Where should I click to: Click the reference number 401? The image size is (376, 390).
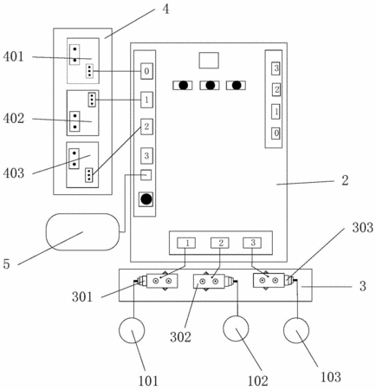pos(13,56)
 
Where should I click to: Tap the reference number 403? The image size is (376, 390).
pos(14,173)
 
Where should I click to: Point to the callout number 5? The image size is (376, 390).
pos(6,263)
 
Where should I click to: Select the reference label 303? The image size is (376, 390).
pos(362,227)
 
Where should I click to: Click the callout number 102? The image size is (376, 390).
pos(258,380)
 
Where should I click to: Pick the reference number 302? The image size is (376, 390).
pos(180,337)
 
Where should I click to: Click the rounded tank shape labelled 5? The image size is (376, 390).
pos(82,231)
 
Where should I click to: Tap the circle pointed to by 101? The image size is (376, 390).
pos(132,330)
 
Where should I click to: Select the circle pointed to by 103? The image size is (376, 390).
pos(296,330)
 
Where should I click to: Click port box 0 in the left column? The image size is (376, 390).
pos(146,71)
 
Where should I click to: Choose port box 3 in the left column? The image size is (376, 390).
pos(146,156)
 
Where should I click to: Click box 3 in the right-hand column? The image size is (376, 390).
pos(276,68)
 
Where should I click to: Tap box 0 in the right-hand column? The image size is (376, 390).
pos(276,133)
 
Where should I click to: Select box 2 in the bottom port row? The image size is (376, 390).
pos(220,243)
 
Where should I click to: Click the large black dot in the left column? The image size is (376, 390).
pos(146,199)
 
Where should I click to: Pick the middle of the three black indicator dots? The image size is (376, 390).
pos(210,85)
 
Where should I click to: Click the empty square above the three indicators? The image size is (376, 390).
pos(209,61)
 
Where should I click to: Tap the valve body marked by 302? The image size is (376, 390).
pos(209,281)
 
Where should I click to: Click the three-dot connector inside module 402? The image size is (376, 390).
pos(92,100)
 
